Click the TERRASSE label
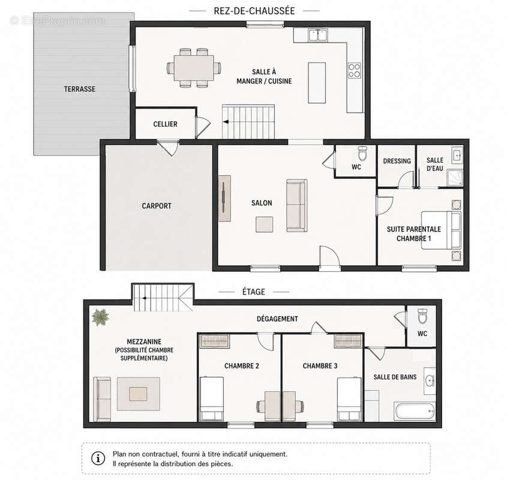(x=80, y=89)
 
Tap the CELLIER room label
(x=165, y=124)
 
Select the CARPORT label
(x=157, y=206)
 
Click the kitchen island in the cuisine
(x=317, y=83)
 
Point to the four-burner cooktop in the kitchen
(x=355, y=71)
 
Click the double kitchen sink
(x=318, y=35)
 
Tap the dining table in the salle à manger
(x=194, y=68)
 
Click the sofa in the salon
(x=297, y=206)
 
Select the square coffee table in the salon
(x=264, y=224)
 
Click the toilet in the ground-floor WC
(x=362, y=154)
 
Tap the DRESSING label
(x=397, y=161)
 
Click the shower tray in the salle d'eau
(x=455, y=178)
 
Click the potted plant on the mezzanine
(x=100, y=317)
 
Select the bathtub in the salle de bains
(x=415, y=411)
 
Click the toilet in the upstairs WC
(x=422, y=316)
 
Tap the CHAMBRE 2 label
(x=242, y=366)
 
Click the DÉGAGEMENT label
(x=277, y=319)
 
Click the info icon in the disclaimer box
(x=98, y=458)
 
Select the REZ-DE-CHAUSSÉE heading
(x=254, y=11)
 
